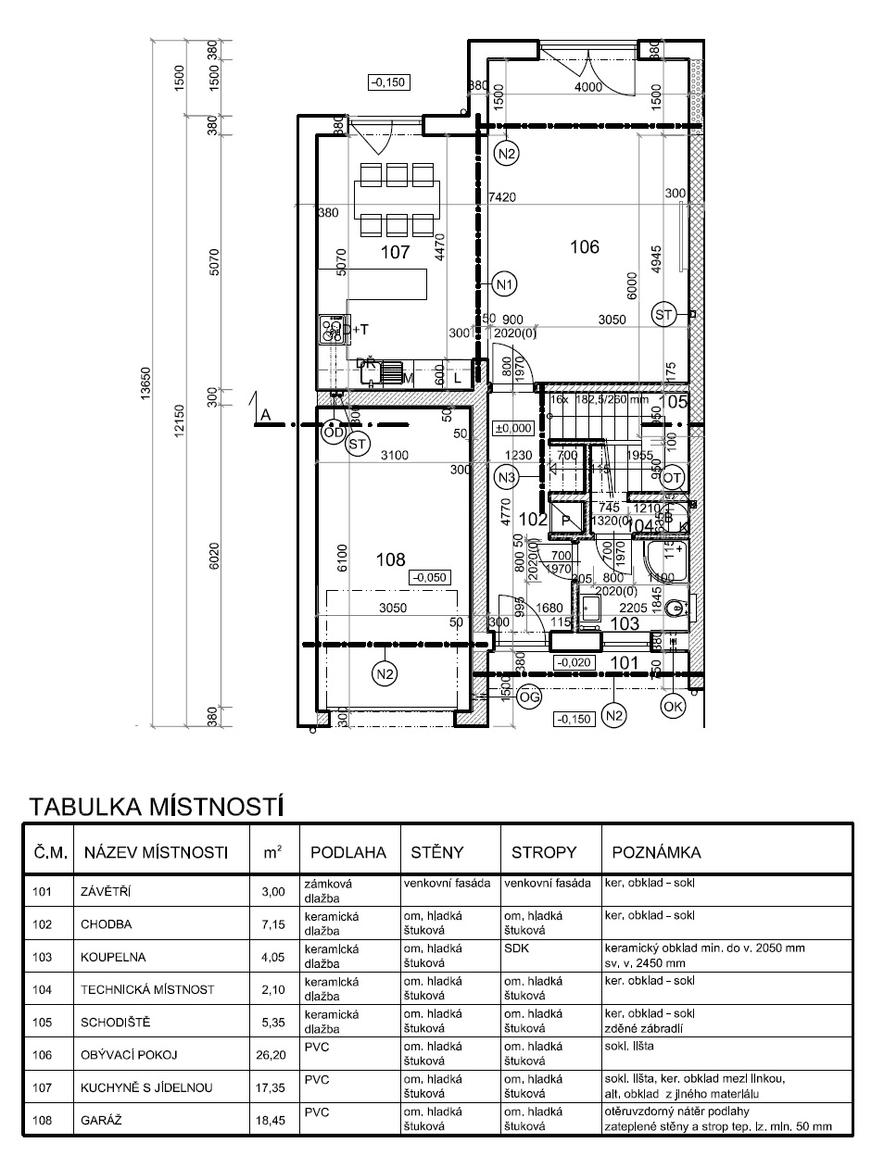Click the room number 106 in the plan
point(584,247)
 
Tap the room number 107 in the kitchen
point(395,252)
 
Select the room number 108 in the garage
point(390,559)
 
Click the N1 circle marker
point(505,284)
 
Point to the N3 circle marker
point(506,478)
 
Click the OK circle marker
point(674,707)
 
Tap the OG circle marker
point(528,697)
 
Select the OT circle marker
point(673,477)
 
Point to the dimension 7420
point(500,197)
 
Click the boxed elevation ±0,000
point(513,429)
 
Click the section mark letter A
point(265,416)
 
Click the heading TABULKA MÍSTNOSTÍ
point(155,806)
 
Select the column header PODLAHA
point(347,852)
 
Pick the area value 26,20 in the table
point(268,1054)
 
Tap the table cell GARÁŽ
point(102,1120)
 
